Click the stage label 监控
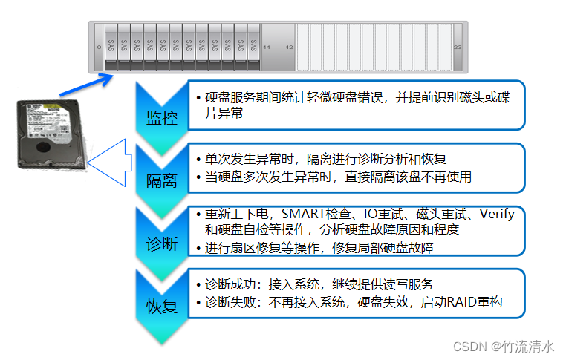click(161, 117)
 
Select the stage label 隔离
click(161, 180)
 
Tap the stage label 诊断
click(161, 243)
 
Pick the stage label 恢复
click(161, 305)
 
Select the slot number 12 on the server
click(289, 47)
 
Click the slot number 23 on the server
click(458, 47)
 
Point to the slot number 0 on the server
click(99, 47)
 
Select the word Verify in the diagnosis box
click(497, 215)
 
